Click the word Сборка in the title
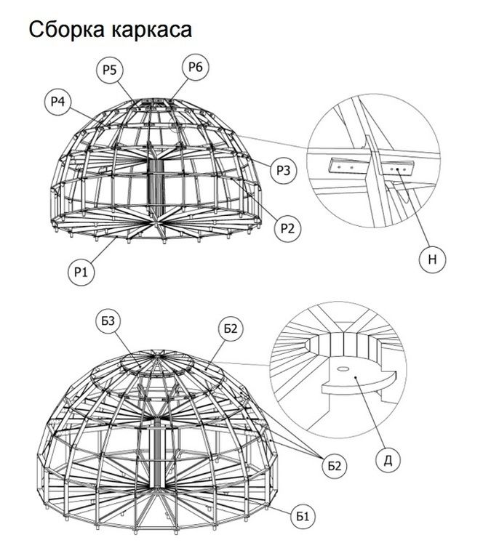(67, 29)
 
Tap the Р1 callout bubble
(81, 272)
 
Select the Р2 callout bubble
(287, 228)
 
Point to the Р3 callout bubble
(283, 171)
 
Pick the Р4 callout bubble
(58, 102)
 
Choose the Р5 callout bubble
(110, 70)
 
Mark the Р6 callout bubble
(196, 67)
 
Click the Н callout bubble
(432, 259)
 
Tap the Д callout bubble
(388, 460)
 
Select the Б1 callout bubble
(303, 516)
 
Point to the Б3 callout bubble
(108, 321)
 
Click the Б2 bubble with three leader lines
(335, 465)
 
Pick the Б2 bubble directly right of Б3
(231, 329)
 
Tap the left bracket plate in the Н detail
(347, 166)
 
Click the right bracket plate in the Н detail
(396, 168)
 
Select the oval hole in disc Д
(343, 369)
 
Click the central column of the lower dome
(156, 452)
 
